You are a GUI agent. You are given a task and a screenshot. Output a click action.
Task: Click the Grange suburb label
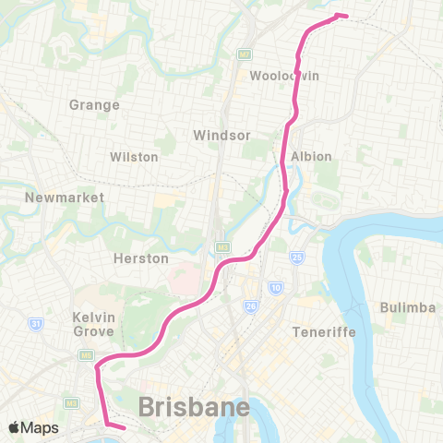coord(94,105)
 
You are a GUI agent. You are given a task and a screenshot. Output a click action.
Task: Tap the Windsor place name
coord(221,136)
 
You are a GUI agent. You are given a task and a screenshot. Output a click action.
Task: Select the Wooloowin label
coord(284,76)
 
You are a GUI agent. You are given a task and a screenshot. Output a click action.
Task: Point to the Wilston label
coord(134,157)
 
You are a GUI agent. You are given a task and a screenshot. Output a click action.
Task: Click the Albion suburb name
coord(311,156)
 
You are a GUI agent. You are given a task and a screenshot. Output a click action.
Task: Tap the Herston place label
coord(140,258)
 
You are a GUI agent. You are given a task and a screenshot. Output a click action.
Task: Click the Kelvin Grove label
coord(93,324)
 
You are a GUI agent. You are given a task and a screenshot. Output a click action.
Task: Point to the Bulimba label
coord(407,306)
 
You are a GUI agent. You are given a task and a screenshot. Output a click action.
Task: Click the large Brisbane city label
coord(194,407)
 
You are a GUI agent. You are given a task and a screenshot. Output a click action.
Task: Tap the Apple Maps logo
coord(33,428)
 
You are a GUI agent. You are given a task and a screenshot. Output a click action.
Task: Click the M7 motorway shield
coord(245,54)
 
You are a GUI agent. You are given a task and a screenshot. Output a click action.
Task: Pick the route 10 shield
coord(276,290)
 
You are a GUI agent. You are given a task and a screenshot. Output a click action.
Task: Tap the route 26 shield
coord(250,305)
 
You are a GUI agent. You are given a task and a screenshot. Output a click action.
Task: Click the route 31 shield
coord(35,323)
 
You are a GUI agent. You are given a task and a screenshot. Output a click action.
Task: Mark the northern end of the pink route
coord(343,16)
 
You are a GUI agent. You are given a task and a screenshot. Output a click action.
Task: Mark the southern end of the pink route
coord(124,427)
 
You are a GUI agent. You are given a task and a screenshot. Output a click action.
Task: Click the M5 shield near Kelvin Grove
coord(86,354)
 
